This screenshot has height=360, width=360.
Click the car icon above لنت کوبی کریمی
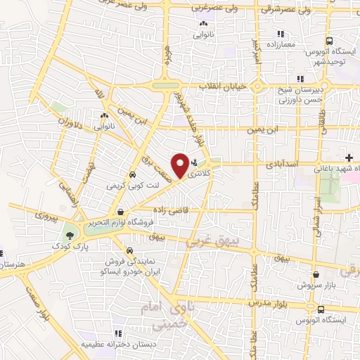coord(131,175)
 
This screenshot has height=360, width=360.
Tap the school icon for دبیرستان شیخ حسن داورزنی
coord(300,79)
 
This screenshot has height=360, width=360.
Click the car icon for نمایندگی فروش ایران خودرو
coord(129,250)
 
